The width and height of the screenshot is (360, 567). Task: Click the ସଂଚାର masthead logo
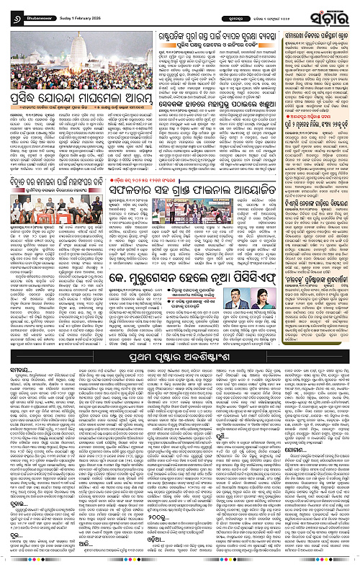click(330, 13)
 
